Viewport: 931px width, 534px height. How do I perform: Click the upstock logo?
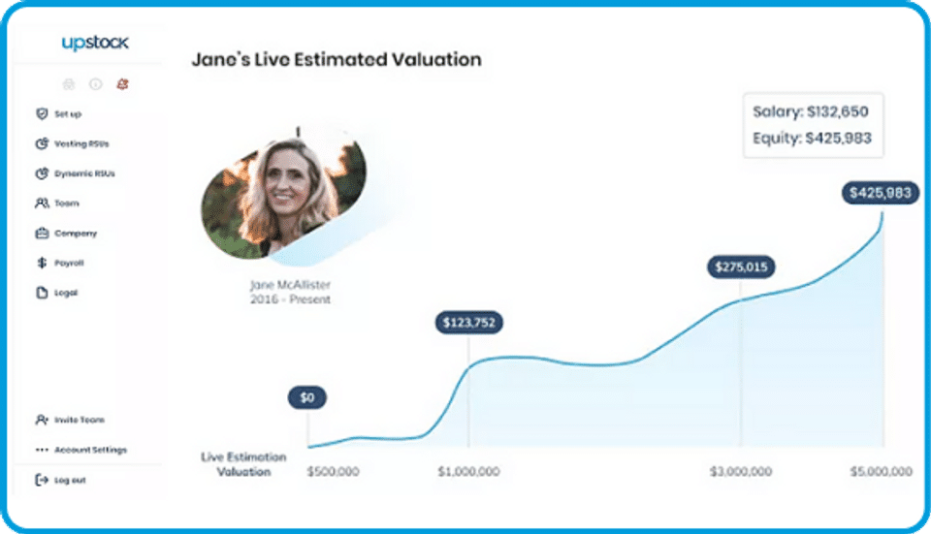pos(94,44)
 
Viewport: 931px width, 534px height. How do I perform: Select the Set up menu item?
pos(66,114)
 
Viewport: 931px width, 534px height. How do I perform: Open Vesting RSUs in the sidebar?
pos(80,144)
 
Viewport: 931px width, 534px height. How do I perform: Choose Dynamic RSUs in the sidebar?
pos(82,174)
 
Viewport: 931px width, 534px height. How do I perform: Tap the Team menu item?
pos(65,204)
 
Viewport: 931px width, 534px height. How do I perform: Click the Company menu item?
pos(74,234)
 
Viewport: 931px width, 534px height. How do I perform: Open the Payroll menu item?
pos(68,263)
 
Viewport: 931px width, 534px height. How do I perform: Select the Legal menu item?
pos(64,293)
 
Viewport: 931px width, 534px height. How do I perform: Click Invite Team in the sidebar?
pos(78,420)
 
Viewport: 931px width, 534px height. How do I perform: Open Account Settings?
pos(88,450)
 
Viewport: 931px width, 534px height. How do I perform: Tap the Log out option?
pos(68,480)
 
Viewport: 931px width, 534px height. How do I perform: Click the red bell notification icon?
pos(122,84)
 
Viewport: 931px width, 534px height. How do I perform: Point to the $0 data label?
pos(307,397)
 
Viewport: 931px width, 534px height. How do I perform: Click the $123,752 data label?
pos(468,323)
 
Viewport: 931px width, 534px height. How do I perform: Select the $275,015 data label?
pos(741,266)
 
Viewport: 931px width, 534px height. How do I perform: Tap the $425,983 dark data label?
pos(880,193)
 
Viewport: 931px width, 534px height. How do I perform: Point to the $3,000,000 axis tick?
pos(742,472)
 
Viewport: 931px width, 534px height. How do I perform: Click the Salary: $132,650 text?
pos(812,111)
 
